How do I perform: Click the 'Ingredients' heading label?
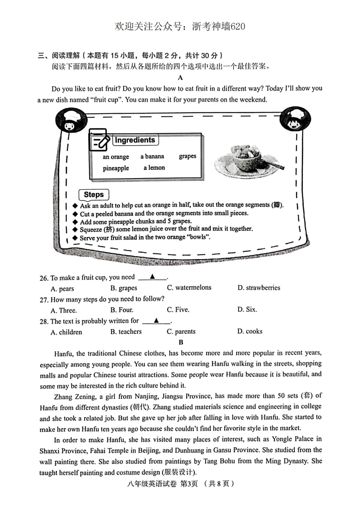click(135, 140)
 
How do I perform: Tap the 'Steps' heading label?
click(94, 195)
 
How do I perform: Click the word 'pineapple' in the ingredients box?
click(116, 168)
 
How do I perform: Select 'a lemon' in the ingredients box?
click(154, 168)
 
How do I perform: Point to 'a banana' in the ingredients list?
click(152, 156)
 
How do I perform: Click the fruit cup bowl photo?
click(249, 159)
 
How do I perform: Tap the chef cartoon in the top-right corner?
click(295, 119)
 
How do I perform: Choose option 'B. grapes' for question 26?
click(124, 288)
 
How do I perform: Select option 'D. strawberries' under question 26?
click(259, 288)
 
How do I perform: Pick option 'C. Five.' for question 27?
click(178, 310)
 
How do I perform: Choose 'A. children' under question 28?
click(66, 332)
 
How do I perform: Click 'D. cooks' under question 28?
click(250, 331)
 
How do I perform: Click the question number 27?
click(44, 300)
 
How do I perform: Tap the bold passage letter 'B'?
click(181, 342)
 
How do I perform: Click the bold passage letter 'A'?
click(180, 78)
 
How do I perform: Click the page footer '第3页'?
click(189, 484)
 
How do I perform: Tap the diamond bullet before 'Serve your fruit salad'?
click(75, 238)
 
